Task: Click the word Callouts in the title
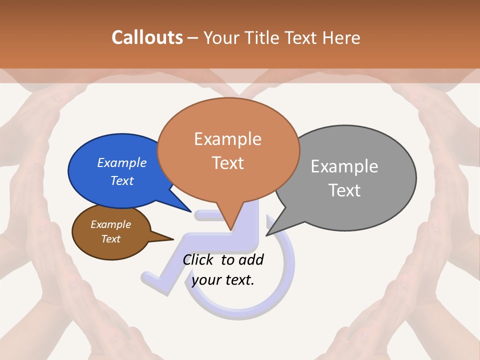[x=147, y=37]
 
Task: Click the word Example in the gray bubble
[x=344, y=166]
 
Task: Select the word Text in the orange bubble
[x=228, y=163]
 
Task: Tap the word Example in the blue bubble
[x=122, y=163]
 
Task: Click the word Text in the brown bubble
[x=111, y=239]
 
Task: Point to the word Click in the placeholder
[x=199, y=259]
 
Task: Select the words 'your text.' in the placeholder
[x=223, y=280]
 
